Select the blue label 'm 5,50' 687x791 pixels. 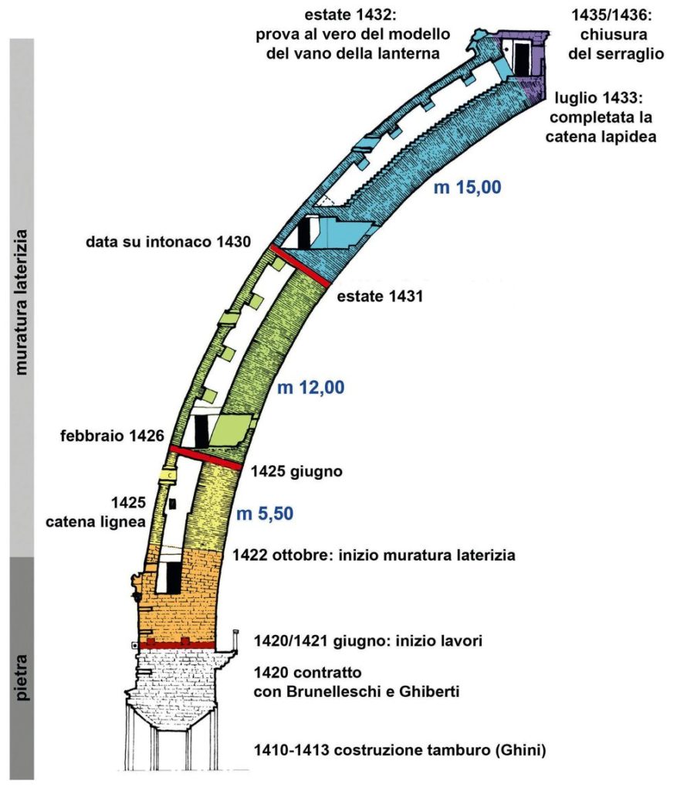pyautogui.click(x=264, y=511)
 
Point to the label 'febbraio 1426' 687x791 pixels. pyautogui.click(x=113, y=436)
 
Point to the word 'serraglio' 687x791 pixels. pyautogui.click(x=613, y=53)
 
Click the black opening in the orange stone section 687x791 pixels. pyautogui.click(x=173, y=576)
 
